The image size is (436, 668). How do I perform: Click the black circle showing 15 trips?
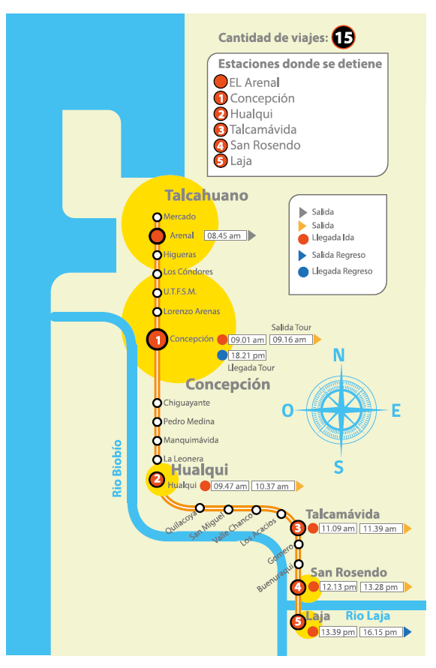(x=344, y=37)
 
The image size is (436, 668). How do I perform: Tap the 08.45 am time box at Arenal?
(x=225, y=235)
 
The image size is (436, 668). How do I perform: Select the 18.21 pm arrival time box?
(x=248, y=355)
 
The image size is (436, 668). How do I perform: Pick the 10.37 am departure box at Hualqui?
(x=273, y=486)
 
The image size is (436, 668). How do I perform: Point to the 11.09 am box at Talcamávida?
(x=338, y=529)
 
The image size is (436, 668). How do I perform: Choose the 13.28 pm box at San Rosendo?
(x=381, y=587)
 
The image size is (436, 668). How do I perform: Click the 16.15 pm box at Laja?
(x=381, y=632)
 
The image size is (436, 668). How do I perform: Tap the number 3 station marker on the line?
(x=298, y=529)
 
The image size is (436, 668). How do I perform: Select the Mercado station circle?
(x=157, y=217)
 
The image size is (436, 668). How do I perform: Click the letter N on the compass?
(x=338, y=355)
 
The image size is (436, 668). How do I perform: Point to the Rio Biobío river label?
(x=117, y=469)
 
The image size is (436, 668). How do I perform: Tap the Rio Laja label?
(x=368, y=616)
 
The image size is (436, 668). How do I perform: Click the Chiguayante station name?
(x=186, y=403)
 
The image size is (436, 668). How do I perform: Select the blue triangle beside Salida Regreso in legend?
(x=302, y=255)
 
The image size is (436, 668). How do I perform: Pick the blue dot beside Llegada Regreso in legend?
(x=303, y=272)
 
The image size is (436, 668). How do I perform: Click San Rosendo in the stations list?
(x=266, y=145)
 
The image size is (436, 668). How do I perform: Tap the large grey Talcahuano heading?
(x=206, y=195)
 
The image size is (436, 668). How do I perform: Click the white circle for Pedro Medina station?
(x=157, y=422)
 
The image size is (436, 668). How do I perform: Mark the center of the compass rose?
(x=341, y=410)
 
